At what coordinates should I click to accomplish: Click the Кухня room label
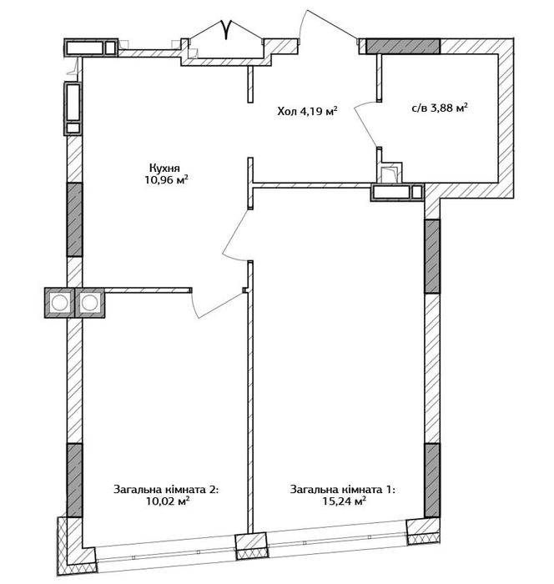coord(164,167)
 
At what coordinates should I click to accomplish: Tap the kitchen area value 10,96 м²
coord(166,180)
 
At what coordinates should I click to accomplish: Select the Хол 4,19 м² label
coord(307,111)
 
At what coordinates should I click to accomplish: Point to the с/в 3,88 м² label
coord(440,108)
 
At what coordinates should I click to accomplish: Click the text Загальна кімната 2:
coord(166,489)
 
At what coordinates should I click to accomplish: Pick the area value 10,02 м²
coord(168,501)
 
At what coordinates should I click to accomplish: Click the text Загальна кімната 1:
coord(343,489)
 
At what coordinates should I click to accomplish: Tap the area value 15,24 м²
coord(345,501)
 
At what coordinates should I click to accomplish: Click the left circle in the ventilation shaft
coord(59,302)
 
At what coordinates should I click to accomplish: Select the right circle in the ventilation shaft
coord(89,302)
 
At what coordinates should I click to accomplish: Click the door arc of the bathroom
coord(363,123)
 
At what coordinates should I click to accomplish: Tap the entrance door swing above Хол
coord(328,23)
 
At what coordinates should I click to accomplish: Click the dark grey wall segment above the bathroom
coord(403,46)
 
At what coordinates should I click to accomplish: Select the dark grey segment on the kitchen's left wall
coord(74,219)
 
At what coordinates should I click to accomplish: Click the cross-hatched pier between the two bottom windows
coord(251,546)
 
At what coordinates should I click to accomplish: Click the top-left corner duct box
coord(91,48)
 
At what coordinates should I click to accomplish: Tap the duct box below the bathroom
coord(397,193)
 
